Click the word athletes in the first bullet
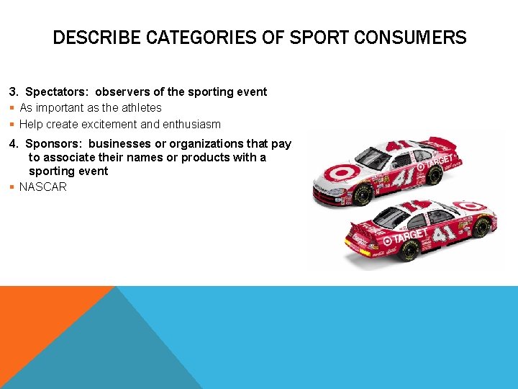141,107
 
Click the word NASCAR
43,187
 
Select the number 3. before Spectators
14,91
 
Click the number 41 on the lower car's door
444,233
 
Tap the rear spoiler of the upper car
439,142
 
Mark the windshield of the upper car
373,156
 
